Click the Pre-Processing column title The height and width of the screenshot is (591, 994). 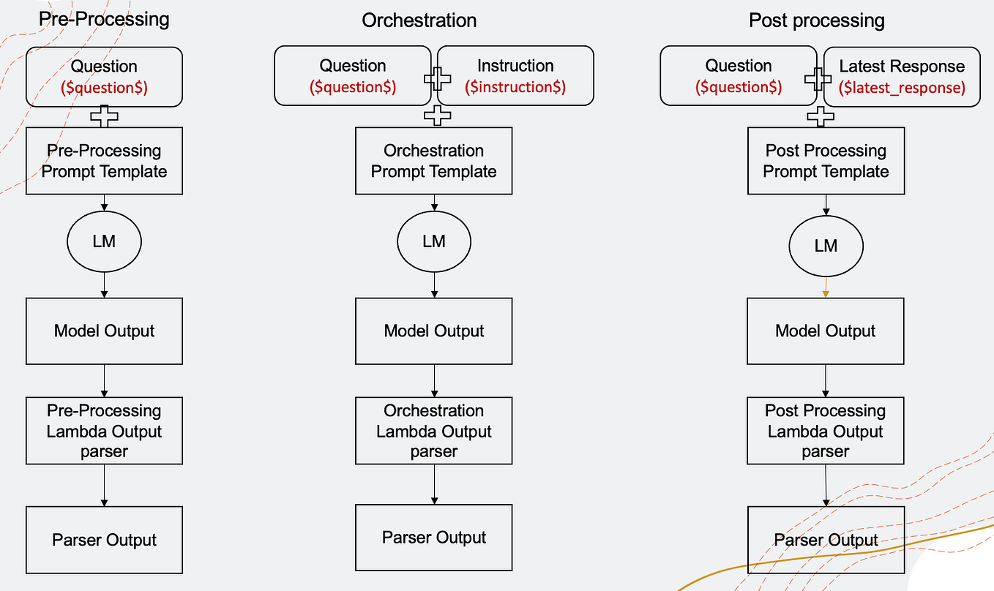click(104, 19)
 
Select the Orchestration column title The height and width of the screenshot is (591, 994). click(419, 20)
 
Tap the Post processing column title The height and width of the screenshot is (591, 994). click(816, 20)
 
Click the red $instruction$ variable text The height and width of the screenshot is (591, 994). click(515, 88)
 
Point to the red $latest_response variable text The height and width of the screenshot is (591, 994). click(901, 88)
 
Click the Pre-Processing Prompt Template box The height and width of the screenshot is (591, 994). click(104, 161)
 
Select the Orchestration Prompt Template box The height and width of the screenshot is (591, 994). click(433, 161)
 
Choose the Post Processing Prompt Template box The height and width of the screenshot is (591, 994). click(826, 161)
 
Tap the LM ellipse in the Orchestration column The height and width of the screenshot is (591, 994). click(434, 241)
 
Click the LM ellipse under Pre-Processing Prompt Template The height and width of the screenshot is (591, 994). click(104, 241)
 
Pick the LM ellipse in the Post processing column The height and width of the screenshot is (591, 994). click(826, 246)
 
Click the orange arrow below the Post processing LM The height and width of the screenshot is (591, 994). click(826, 286)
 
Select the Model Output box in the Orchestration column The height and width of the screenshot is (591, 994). click(433, 331)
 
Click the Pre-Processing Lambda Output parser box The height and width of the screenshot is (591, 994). click(104, 431)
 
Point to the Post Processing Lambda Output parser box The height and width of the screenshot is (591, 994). click(826, 431)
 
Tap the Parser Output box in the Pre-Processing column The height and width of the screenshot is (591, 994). click(104, 540)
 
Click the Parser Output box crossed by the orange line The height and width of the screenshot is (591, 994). click(826, 540)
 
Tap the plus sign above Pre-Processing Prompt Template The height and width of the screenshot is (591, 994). click(104, 116)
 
